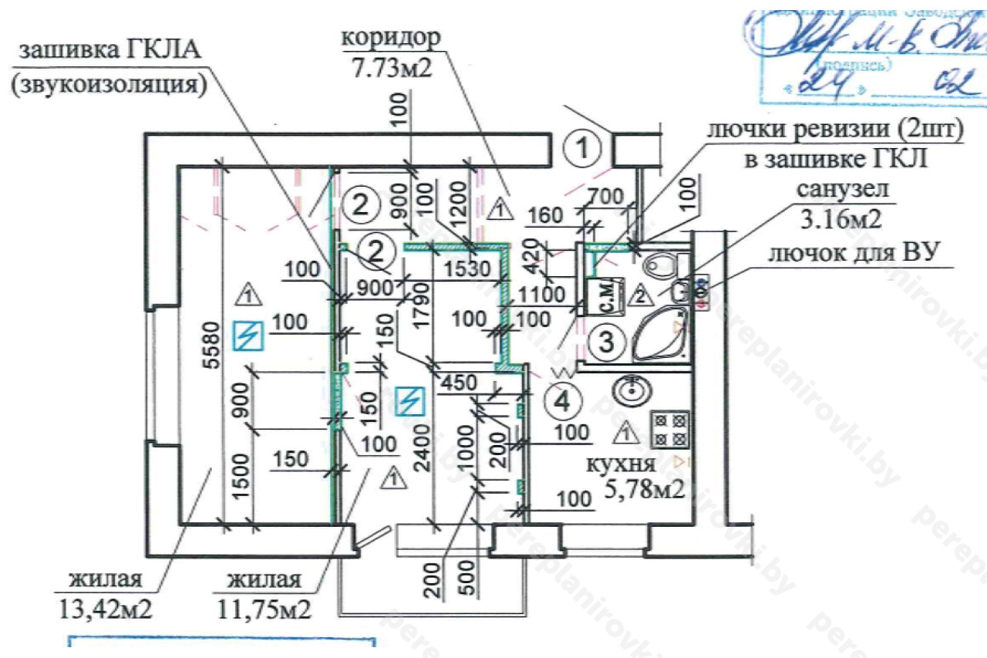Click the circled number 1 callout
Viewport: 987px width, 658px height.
[588, 147]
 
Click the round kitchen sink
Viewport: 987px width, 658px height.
[631, 390]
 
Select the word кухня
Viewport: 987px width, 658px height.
[621, 465]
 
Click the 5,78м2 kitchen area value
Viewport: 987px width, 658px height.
[645, 488]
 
